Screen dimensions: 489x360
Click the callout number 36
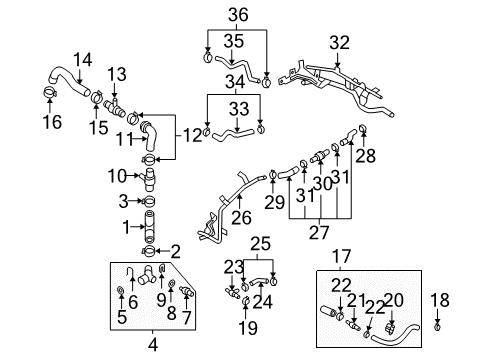click(238, 15)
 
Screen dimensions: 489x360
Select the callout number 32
click(340, 43)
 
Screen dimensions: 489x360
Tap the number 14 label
click(82, 60)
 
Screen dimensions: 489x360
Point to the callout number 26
click(241, 218)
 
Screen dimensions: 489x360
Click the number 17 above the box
click(342, 257)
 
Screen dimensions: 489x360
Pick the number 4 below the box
click(153, 345)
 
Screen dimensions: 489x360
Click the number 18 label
click(440, 300)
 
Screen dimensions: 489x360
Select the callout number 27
click(319, 233)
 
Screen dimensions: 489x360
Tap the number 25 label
click(260, 244)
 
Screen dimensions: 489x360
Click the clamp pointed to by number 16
click(50, 92)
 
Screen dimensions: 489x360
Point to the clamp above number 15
click(97, 97)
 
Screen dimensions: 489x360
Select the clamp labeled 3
click(149, 201)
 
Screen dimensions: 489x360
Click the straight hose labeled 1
click(150, 226)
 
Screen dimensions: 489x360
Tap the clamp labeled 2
click(148, 251)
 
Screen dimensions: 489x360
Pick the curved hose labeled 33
click(233, 135)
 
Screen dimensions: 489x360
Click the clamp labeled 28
click(363, 128)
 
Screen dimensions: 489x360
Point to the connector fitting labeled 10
click(149, 179)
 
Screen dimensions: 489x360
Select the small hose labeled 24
click(258, 282)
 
